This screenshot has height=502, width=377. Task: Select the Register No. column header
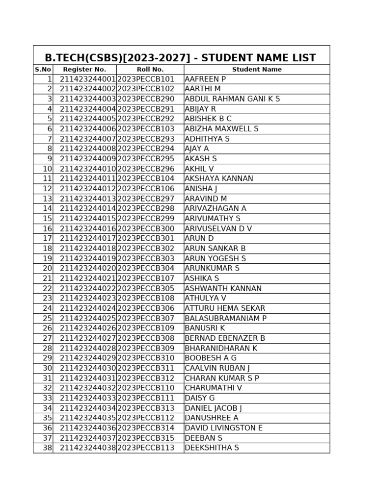pos(84,70)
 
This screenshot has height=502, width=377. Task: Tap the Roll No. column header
pos(150,70)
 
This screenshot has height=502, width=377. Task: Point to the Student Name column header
pos(257,70)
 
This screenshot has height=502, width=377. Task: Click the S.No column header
pos(43,70)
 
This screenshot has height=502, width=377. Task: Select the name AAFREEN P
pos(205,79)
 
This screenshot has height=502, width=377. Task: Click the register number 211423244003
pos(88,99)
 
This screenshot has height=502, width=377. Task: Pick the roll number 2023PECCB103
pos(146,129)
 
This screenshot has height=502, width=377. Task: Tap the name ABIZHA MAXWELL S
pos(221,129)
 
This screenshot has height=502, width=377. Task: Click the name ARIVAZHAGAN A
pos(215,209)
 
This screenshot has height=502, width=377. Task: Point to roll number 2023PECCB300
pos(146,229)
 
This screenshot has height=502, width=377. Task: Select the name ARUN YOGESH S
pos(215,259)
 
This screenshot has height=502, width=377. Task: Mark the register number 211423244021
pos(88,278)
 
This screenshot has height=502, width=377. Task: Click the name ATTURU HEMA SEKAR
pos(225,308)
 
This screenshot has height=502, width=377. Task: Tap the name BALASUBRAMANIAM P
pos(225,319)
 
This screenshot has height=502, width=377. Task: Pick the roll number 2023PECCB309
pos(146,349)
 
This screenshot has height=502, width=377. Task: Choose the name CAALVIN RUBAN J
pos(217,368)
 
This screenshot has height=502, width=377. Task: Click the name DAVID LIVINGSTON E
pos(223,428)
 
